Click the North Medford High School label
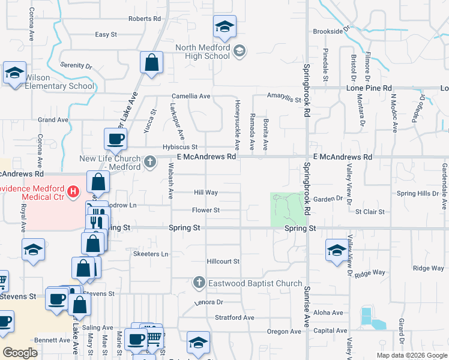pyautogui.click(x=202, y=52)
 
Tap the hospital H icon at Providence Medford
pyautogui.click(x=73, y=192)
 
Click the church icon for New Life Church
pyautogui.click(x=150, y=161)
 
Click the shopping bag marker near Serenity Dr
pyautogui.click(x=152, y=62)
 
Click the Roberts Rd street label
pyautogui.click(x=145, y=19)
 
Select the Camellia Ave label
pyautogui.click(x=191, y=96)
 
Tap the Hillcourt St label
pyautogui.click(x=223, y=262)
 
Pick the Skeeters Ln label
pyautogui.click(x=150, y=254)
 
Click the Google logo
pyautogui.click(x=20, y=353)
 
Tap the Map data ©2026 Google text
pyautogui.click(x=411, y=355)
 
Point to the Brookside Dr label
pyautogui.click(x=331, y=31)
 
